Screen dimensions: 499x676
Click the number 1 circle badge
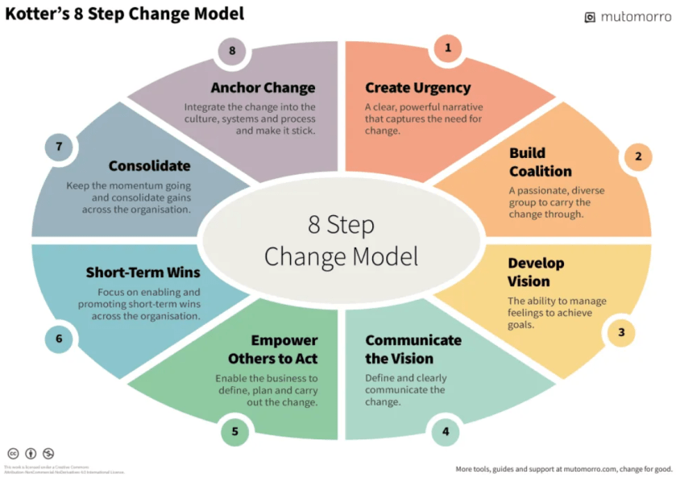click(x=448, y=48)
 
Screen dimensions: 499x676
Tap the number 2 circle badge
click(x=638, y=156)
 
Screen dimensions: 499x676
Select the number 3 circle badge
click(x=621, y=331)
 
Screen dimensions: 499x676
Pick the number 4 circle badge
click(x=445, y=431)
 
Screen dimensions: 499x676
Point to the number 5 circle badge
click(x=234, y=431)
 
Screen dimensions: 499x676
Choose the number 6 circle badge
click(x=59, y=339)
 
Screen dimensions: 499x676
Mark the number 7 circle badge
click(x=59, y=147)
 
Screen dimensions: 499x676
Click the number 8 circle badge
click(x=232, y=51)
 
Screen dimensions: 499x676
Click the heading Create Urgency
click(x=417, y=88)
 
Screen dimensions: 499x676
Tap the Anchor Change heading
click(x=263, y=88)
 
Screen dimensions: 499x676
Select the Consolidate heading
click(x=149, y=166)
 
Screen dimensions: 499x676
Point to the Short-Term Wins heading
click(x=143, y=272)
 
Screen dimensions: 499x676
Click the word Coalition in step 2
click(x=540, y=172)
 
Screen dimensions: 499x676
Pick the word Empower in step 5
click(x=284, y=340)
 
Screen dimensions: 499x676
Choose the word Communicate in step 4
click(x=413, y=340)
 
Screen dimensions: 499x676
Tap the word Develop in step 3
click(x=536, y=263)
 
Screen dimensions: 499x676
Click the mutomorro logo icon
click(x=590, y=17)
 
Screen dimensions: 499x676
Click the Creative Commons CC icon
click(x=13, y=454)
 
